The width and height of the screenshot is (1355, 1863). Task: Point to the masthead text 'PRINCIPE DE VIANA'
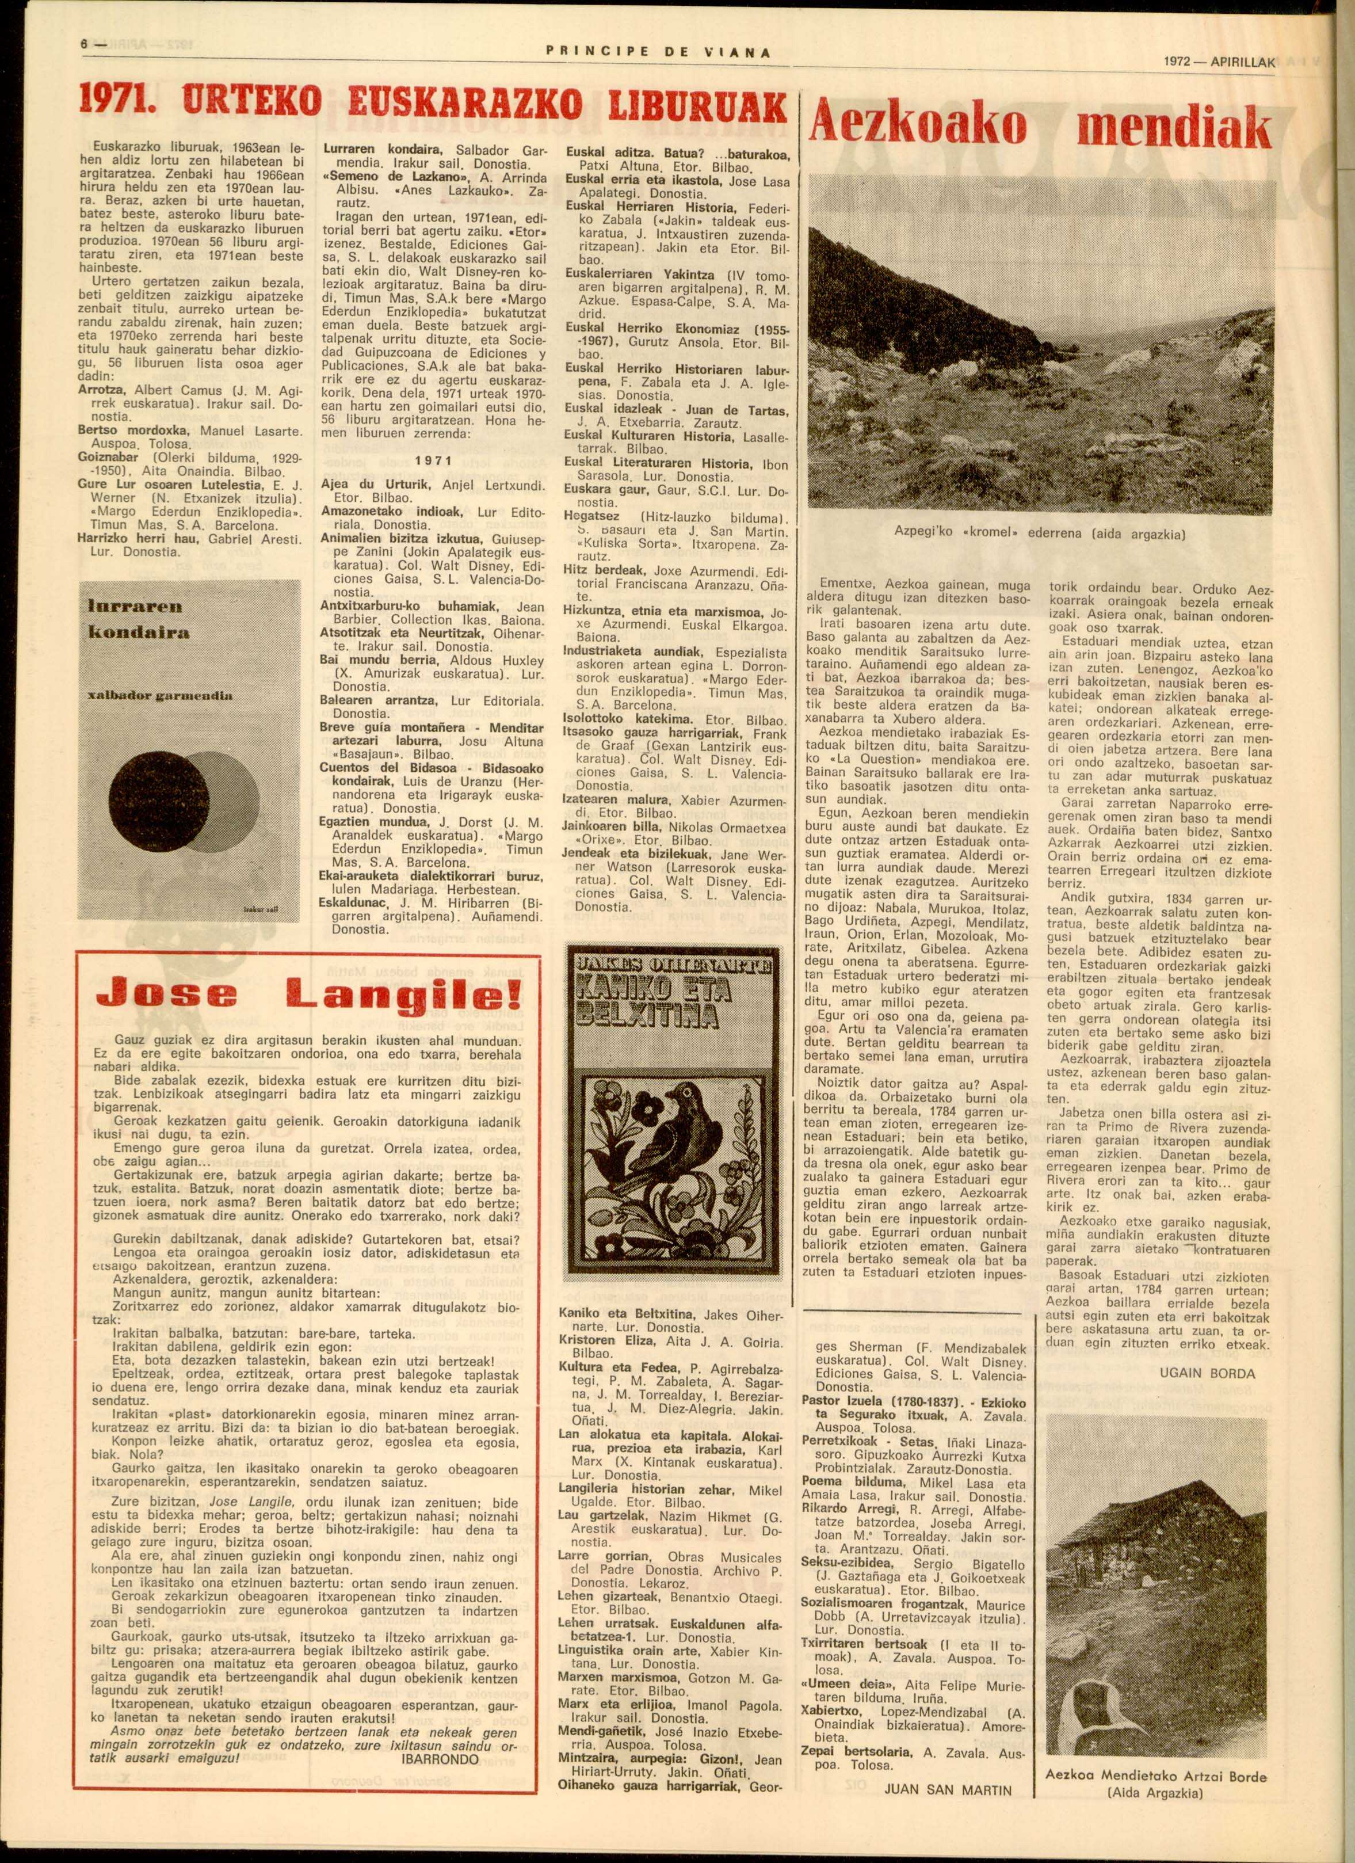pos(657,52)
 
